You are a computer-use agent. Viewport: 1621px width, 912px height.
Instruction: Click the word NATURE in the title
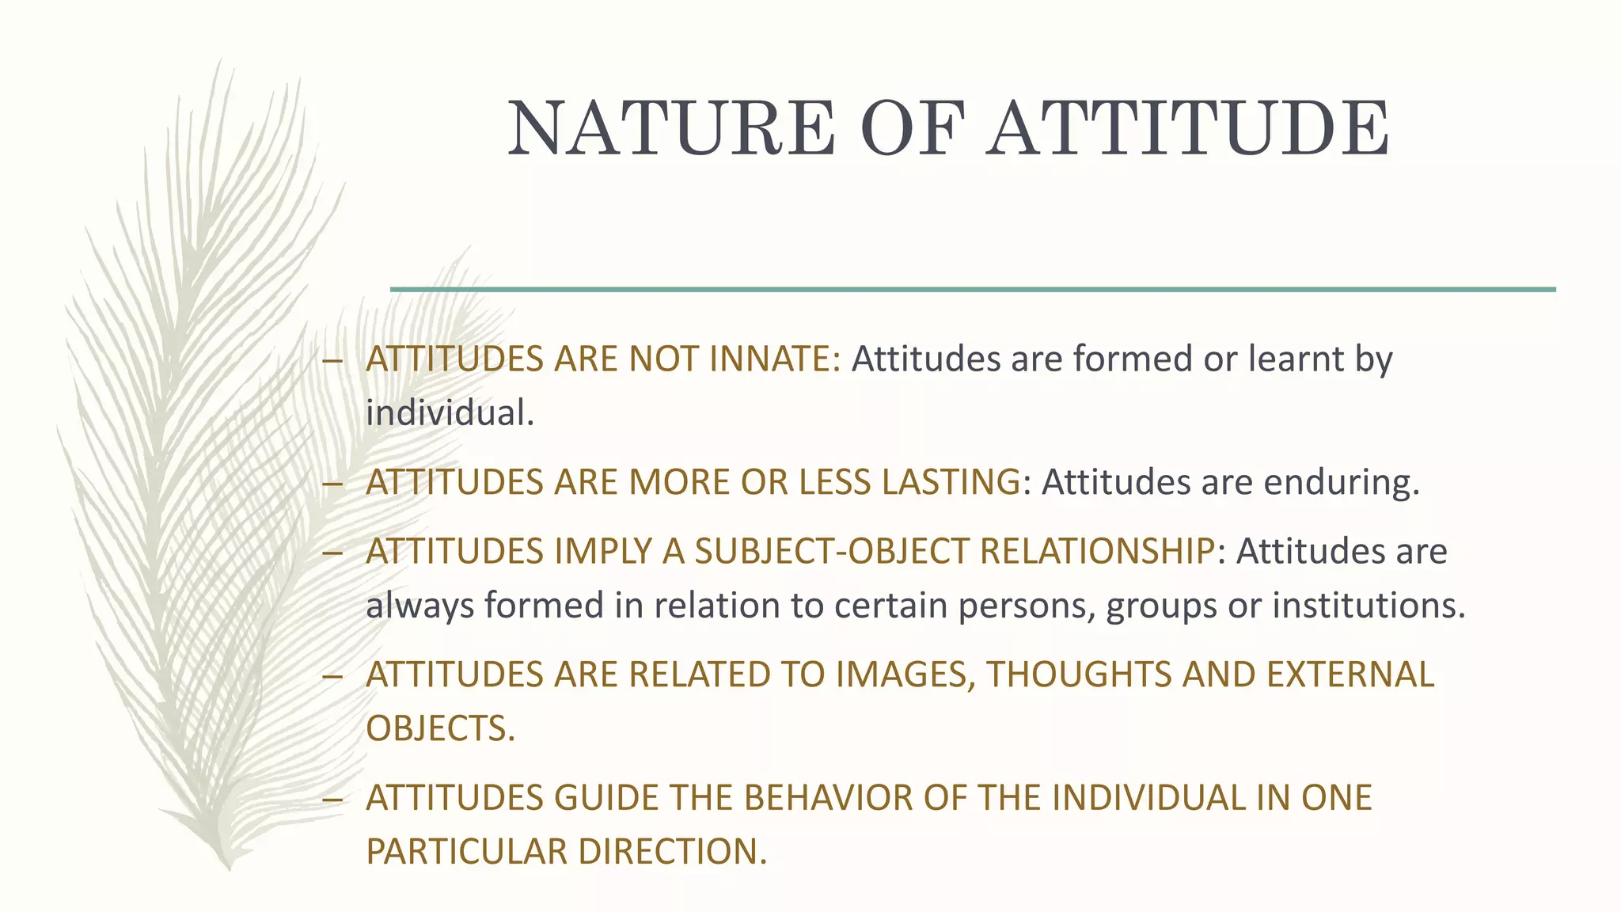[x=671, y=128]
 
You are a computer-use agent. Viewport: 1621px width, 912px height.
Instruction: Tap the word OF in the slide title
[x=913, y=128]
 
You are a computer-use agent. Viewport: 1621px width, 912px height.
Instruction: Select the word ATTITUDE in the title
[x=1190, y=128]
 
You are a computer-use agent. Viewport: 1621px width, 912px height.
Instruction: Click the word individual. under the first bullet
[x=450, y=413]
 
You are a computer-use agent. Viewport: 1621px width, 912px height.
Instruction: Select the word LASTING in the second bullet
[x=951, y=482]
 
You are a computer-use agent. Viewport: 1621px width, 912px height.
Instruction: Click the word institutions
[x=1369, y=606]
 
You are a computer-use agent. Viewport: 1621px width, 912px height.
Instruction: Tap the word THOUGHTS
[x=1080, y=674]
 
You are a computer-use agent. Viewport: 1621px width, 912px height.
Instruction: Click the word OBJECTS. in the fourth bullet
[x=440, y=728]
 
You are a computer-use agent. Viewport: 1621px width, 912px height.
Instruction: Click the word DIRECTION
[x=673, y=852]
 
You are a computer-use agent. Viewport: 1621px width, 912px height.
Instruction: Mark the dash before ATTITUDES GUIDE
[x=332, y=799]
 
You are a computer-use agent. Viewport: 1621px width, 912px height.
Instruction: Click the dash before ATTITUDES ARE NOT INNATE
[x=332, y=361]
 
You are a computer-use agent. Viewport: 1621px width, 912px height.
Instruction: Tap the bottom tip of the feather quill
[x=228, y=868]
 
